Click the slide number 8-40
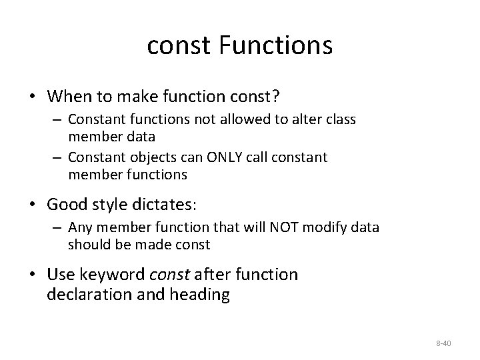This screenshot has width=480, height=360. pos(443,343)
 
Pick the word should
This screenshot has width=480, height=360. pos(85,245)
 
